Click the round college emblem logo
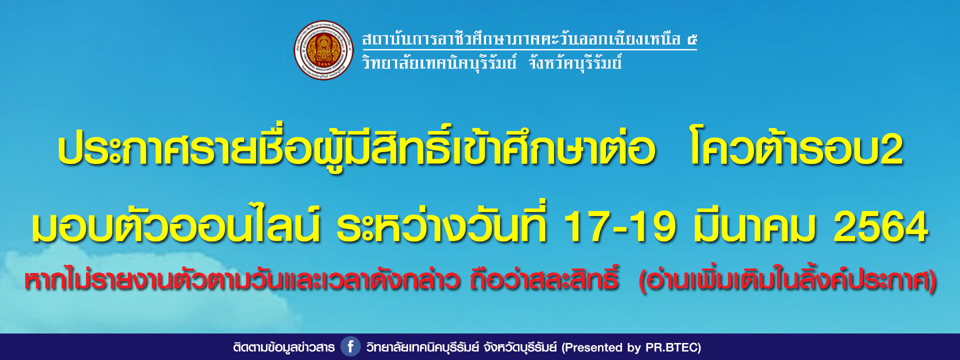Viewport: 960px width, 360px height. pyautogui.click(x=323, y=50)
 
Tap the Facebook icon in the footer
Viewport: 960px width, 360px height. pyautogui.click(x=350, y=346)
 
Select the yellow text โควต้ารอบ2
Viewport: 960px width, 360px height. pyautogui.click(x=796, y=149)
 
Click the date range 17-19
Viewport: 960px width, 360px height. pyautogui.click(x=619, y=226)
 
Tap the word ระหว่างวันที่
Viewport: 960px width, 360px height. pyautogui.click(x=442, y=223)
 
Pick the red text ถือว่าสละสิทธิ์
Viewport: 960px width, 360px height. pyautogui.click(x=544, y=279)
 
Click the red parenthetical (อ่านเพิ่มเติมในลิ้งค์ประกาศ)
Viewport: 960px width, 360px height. pyautogui.click(x=787, y=280)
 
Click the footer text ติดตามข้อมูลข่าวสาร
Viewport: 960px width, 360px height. pyautogui.click(x=284, y=347)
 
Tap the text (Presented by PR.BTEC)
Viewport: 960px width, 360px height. pyautogui.click(x=631, y=347)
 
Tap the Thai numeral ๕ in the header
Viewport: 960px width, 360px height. pyautogui.click(x=691, y=39)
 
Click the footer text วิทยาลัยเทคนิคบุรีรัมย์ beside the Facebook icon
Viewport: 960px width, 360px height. pyautogui.click(x=422, y=347)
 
